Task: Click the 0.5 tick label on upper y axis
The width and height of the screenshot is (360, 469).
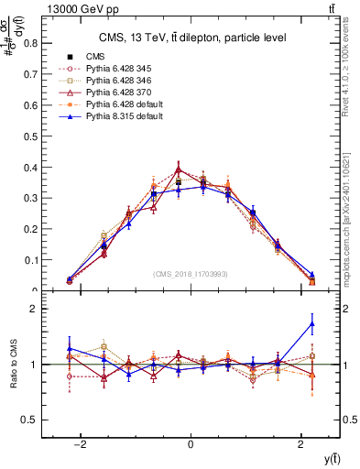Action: (x=30, y=136)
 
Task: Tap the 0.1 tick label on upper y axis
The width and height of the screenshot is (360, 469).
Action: (x=30, y=260)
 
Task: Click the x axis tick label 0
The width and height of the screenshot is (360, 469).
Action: (x=190, y=444)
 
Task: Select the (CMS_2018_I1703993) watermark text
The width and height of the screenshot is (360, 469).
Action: (x=191, y=273)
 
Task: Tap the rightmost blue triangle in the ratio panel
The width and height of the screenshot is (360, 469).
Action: (x=312, y=323)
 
